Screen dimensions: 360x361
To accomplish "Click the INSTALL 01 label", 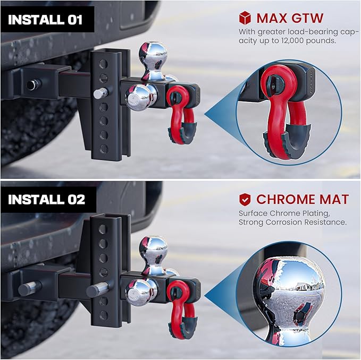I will (x=46, y=20).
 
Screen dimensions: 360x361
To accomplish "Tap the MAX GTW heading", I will (x=290, y=18).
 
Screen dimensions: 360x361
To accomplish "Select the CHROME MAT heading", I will (x=302, y=200).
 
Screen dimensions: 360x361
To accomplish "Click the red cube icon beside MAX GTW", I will (x=245, y=18).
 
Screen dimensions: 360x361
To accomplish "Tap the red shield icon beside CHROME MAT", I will (x=245, y=200).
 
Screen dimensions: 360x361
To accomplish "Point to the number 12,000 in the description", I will (x=290, y=40).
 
